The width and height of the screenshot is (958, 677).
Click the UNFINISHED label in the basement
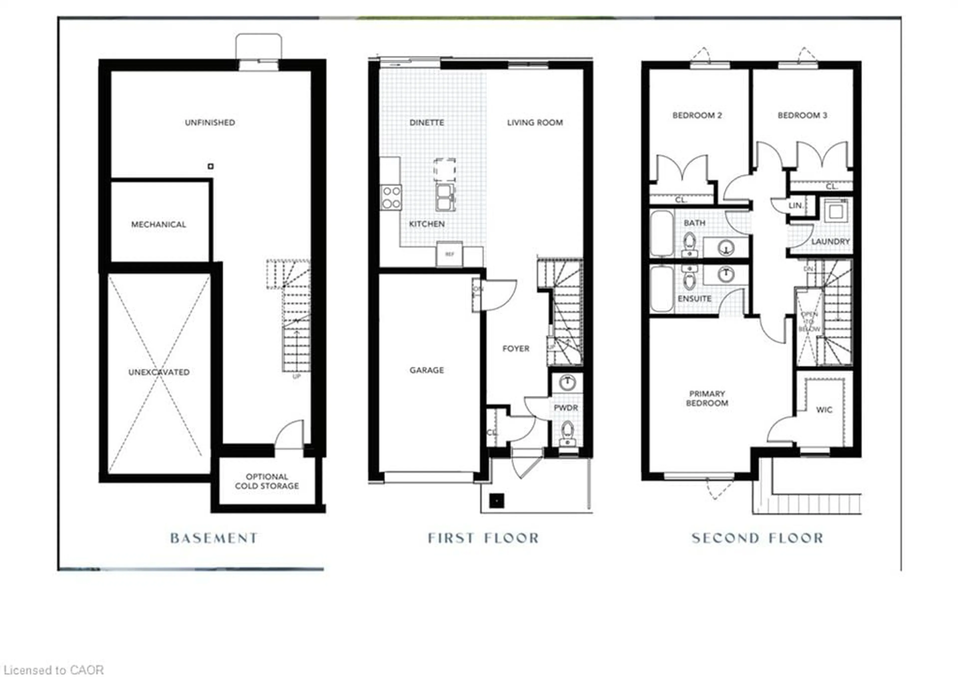(210, 122)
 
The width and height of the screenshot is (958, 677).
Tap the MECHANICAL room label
(159, 224)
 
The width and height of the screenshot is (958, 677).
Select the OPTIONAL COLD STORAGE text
(267, 481)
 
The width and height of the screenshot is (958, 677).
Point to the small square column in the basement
(211, 166)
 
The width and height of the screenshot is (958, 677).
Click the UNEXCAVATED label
(159, 372)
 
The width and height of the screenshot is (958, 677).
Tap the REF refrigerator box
(449, 254)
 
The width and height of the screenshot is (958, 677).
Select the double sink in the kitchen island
(445, 197)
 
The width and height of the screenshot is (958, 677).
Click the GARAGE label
(426, 370)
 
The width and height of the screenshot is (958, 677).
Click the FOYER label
(516, 348)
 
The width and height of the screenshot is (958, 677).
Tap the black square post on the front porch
(496, 501)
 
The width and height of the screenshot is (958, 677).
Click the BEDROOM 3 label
(802, 115)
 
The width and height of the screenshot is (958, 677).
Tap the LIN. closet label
(796, 206)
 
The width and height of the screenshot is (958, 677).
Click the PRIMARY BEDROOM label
(707, 398)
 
